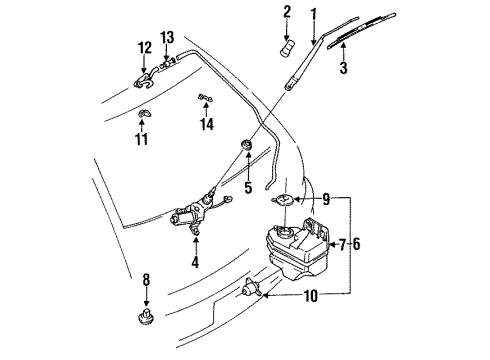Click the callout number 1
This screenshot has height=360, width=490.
pyautogui.click(x=313, y=15)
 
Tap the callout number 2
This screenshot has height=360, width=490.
pyautogui.click(x=287, y=12)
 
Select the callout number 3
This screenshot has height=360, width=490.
pyautogui.click(x=343, y=67)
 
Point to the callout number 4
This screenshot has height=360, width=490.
pyautogui.click(x=195, y=262)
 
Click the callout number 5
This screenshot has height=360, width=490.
pyautogui.click(x=248, y=187)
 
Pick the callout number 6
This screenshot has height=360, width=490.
pyautogui.click(x=356, y=244)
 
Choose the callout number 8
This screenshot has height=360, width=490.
pyautogui.click(x=146, y=280)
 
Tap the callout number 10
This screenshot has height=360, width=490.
pyautogui.click(x=311, y=296)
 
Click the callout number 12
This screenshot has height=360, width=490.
pyautogui.click(x=145, y=48)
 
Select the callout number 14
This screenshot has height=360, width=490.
pyautogui.click(x=207, y=124)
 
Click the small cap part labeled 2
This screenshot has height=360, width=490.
pyautogui.click(x=288, y=49)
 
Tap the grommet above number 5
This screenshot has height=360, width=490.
pyautogui.click(x=247, y=145)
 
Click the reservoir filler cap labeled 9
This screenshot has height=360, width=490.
pyautogui.click(x=282, y=200)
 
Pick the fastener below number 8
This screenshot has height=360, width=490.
pyautogui.click(x=146, y=317)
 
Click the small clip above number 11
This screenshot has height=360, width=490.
pyautogui.click(x=145, y=113)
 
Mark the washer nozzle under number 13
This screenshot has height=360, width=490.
pyautogui.click(x=168, y=63)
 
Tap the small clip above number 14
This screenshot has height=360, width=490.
pyautogui.click(x=206, y=98)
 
